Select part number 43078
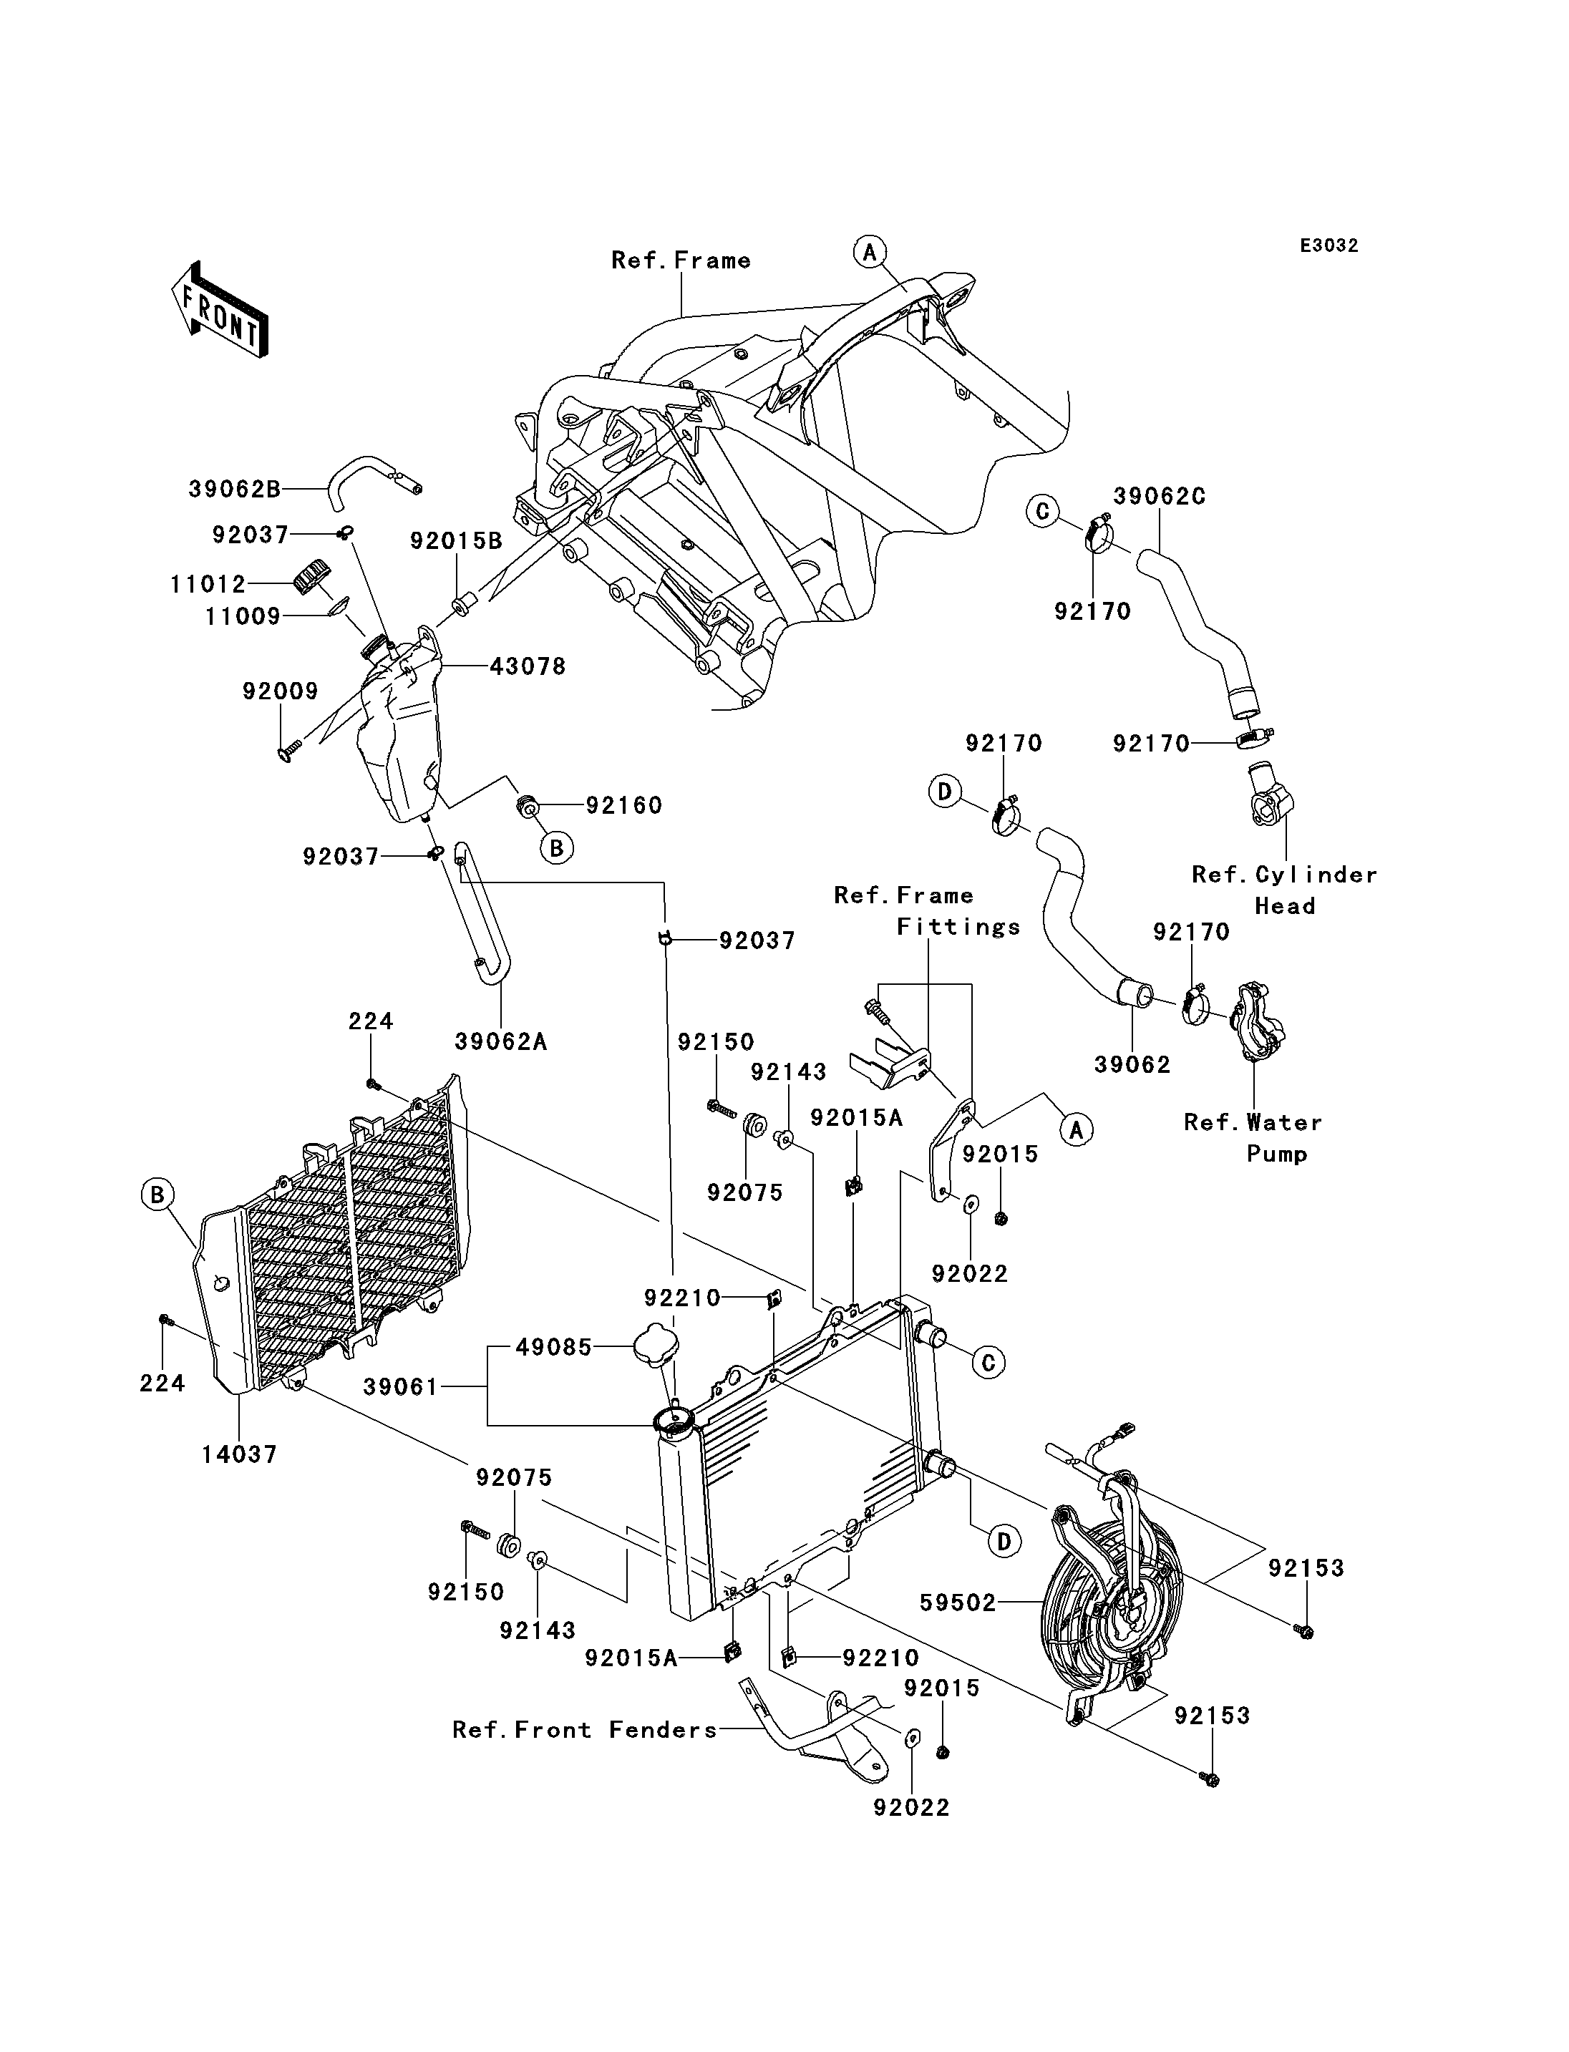(x=528, y=667)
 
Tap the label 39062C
(x=1159, y=497)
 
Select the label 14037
(x=240, y=1454)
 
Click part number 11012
(x=208, y=585)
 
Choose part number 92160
(x=624, y=805)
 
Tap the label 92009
(x=280, y=691)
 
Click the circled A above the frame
(x=870, y=252)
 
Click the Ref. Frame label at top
(x=681, y=260)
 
